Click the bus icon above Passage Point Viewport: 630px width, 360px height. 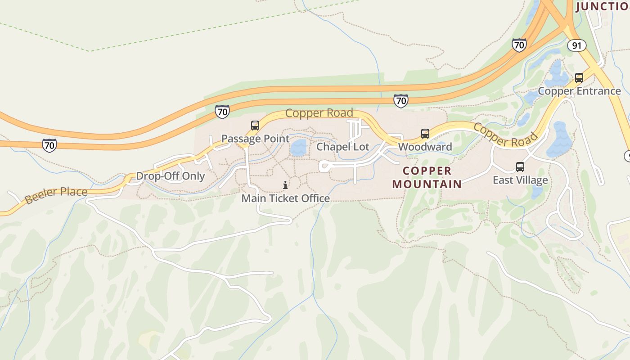click(x=255, y=126)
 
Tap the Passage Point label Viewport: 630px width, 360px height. click(x=255, y=139)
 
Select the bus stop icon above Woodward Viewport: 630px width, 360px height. click(x=425, y=133)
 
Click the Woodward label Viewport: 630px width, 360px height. click(x=425, y=147)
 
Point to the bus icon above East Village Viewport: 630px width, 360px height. click(x=520, y=167)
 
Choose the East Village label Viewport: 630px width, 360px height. click(x=520, y=180)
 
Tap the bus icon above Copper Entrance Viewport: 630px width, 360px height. click(x=579, y=78)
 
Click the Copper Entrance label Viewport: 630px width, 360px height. click(x=579, y=91)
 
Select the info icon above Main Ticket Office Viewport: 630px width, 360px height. click(x=285, y=185)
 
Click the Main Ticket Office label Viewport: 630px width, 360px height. click(x=285, y=198)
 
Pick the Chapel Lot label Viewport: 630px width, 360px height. click(x=343, y=147)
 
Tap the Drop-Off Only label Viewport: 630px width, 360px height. click(x=171, y=176)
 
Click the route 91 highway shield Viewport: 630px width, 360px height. click(x=576, y=45)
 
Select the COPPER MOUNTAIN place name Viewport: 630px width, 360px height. click(x=427, y=177)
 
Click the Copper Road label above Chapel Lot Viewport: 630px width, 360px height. click(x=319, y=113)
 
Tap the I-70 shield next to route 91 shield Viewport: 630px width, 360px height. click(x=519, y=45)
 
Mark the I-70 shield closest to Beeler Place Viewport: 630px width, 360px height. click(x=49, y=145)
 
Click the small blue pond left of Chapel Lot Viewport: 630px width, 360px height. click(x=298, y=147)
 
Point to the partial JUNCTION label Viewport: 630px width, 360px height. click(x=602, y=6)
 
